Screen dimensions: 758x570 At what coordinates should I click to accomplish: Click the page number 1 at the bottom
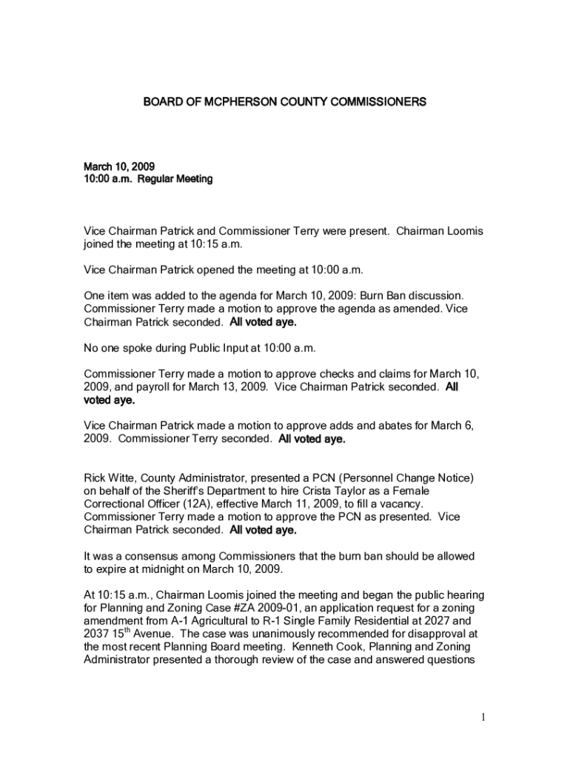point(482,717)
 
